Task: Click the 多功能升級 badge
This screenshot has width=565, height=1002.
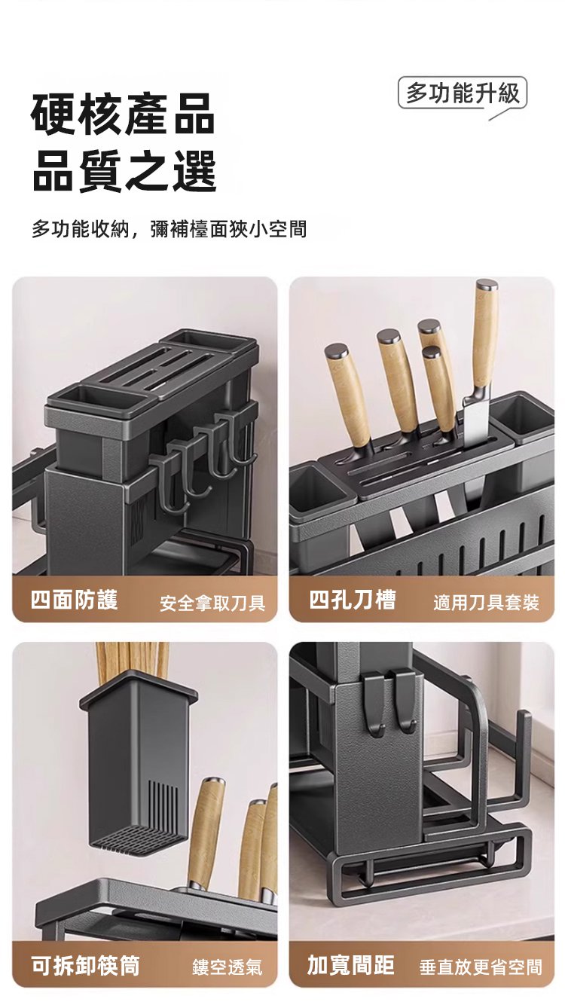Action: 462,93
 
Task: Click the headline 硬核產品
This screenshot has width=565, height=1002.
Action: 123,115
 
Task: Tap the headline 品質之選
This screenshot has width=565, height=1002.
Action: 124,171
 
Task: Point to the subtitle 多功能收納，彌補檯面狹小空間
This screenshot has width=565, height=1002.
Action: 169,229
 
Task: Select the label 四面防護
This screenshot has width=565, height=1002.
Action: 75,600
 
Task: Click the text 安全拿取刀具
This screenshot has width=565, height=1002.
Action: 212,603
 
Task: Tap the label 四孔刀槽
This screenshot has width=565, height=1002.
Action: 353,600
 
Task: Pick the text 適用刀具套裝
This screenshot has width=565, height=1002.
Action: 486,603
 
